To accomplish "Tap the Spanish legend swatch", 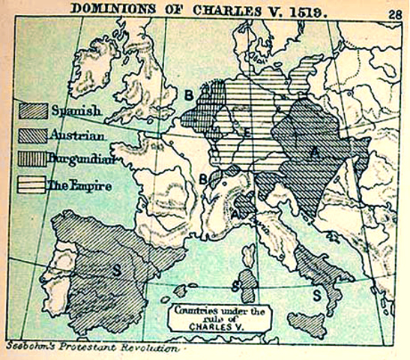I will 34,112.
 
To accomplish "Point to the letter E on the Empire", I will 246,133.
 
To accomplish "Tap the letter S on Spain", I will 116,267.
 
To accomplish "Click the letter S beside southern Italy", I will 317,295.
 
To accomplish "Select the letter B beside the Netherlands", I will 189,95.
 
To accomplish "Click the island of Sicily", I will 308,325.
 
